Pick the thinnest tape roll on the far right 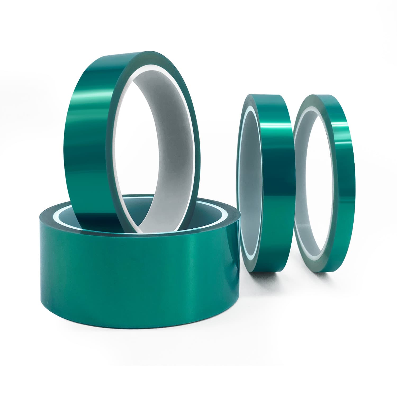[326, 183]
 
